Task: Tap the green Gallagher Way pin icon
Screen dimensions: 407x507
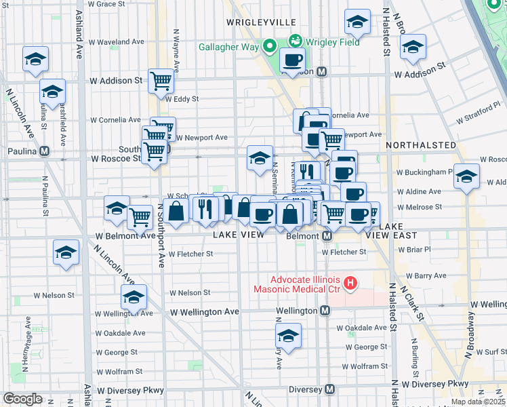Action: [x=269, y=47]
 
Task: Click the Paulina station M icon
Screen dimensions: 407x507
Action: [x=45, y=151]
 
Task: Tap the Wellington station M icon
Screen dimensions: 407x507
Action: [x=325, y=311]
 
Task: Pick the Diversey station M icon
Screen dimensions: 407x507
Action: [x=329, y=389]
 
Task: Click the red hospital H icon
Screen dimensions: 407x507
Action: [x=350, y=283]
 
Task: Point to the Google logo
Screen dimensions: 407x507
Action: [x=22, y=399]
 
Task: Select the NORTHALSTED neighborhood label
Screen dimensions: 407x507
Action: [x=421, y=145]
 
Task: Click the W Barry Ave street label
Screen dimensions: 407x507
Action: [x=422, y=276]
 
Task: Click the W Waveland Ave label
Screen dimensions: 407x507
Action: [x=114, y=42]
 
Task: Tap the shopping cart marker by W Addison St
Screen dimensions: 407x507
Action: [x=161, y=81]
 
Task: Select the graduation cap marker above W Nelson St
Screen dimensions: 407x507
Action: [x=134, y=296]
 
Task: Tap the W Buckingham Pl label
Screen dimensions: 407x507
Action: [x=426, y=172]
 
